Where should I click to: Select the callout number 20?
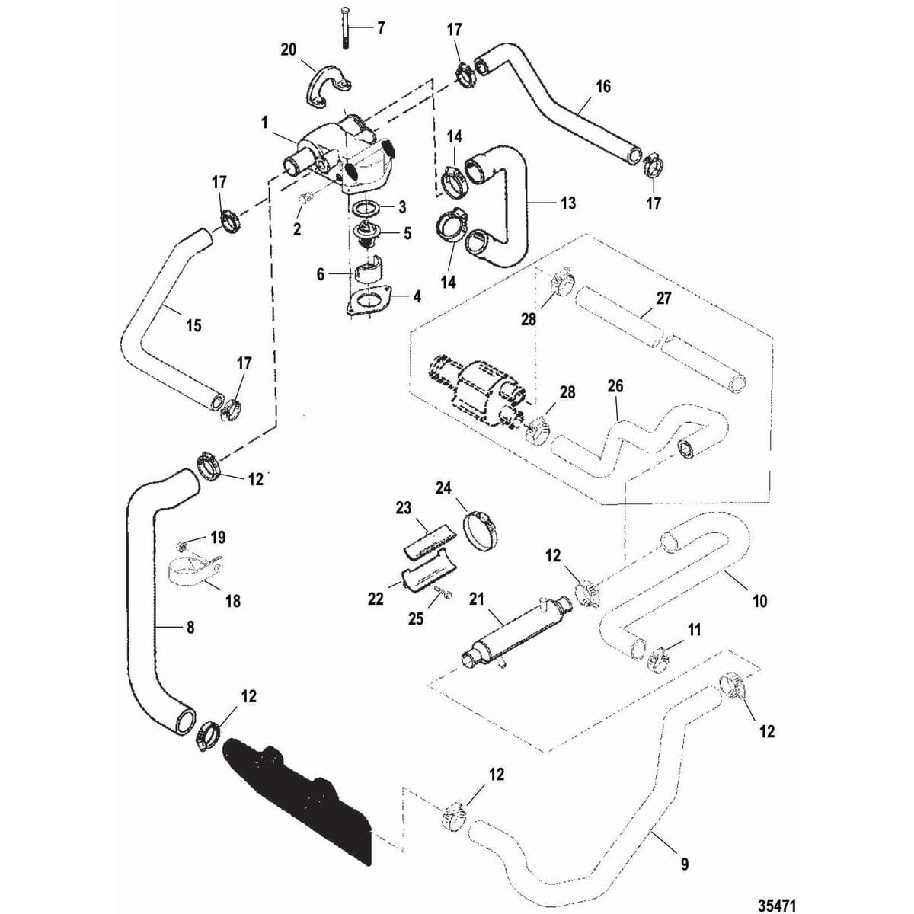click(x=289, y=49)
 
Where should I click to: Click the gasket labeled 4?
click(x=368, y=299)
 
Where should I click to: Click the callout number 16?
click(x=602, y=86)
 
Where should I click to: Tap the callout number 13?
click(x=567, y=203)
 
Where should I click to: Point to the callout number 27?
click(x=663, y=298)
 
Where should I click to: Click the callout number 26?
click(x=615, y=386)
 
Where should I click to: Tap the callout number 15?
click(x=193, y=325)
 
